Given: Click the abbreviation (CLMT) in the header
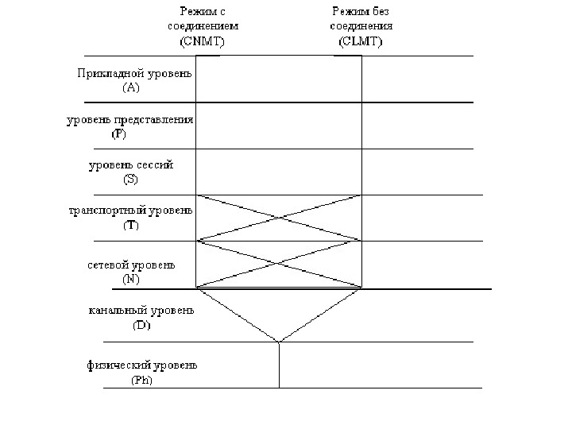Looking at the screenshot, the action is pyautogui.click(x=358, y=42).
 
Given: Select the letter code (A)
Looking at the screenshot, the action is pyautogui.click(x=130, y=88).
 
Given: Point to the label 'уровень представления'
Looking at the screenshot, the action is pyautogui.click(x=129, y=120).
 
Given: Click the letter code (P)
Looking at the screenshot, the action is pyautogui.click(x=118, y=134).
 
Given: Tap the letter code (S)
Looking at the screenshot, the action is pyautogui.click(x=130, y=180).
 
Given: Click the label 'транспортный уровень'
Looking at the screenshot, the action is pyautogui.click(x=130, y=211).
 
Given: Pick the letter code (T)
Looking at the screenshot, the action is pyautogui.click(x=130, y=226).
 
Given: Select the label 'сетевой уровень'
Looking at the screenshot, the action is pyautogui.click(x=131, y=265).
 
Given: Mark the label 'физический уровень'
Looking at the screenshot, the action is pyautogui.click(x=141, y=365).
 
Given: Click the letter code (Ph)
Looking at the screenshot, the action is pyautogui.click(x=141, y=380).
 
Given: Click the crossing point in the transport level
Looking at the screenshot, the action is pyautogui.click(x=279, y=218).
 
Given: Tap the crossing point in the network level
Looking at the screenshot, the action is pyautogui.click(x=279, y=264).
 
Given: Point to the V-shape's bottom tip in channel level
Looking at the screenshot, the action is pyautogui.click(x=279, y=342).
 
